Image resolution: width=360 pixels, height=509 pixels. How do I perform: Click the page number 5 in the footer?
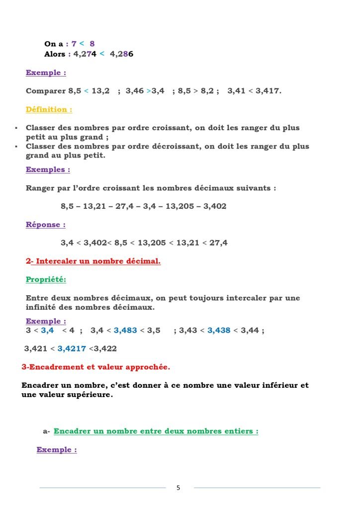click(x=179, y=488)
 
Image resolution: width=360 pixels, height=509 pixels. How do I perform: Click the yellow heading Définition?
click(x=49, y=109)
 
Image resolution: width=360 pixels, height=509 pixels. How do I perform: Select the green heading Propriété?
click(x=46, y=279)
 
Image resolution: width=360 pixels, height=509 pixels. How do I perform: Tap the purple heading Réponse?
click(x=46, y=225)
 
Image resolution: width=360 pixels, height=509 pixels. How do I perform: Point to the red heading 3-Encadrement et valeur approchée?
click(x=96, y=367)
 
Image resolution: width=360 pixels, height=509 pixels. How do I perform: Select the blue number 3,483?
click(x=127, y=330)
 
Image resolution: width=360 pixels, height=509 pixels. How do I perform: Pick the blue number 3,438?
click(x=219, y=330)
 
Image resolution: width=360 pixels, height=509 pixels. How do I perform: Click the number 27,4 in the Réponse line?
click(x=218, y=243)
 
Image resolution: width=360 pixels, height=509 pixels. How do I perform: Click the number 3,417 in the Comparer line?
click(x=268, y=91)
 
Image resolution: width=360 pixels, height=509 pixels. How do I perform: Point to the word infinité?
click(x=43, y=308)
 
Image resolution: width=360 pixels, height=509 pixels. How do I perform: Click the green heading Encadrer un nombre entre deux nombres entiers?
click(x=156, y=431)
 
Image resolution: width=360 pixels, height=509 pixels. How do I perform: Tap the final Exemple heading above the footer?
click(x=57, y=450)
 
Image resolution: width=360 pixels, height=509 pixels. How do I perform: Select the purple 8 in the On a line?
click(x=92, y=44)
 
